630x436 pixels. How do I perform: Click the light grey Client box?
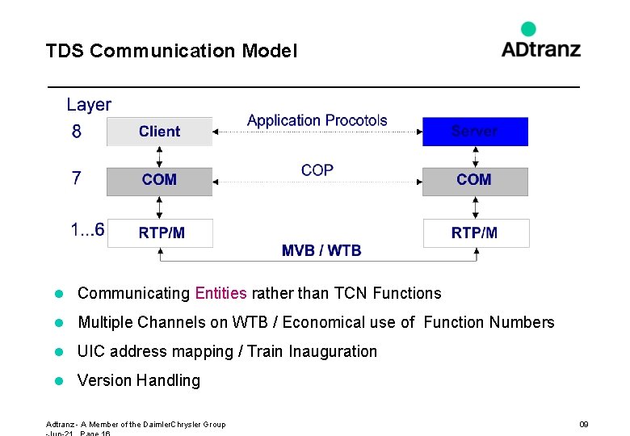pos(159,132)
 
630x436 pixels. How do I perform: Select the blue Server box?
pos(475,132)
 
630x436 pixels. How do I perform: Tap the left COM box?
pos(159,180)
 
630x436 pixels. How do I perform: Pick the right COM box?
pos(475,180)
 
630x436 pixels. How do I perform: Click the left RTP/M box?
pos(160,233)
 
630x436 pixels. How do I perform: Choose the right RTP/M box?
pos(476,233)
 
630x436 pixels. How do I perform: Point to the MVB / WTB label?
pos(321,250)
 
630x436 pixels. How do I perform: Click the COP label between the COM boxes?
pos(317,170)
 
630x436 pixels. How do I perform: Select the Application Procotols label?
pos(317,121)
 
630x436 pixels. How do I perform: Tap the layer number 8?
pos(77,132)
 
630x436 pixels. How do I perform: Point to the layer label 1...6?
pos(87,230)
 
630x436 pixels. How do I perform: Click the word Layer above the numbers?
pos(89,105)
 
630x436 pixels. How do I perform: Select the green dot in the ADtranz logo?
pos(528,29)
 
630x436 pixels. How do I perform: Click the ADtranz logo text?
pos(540,49)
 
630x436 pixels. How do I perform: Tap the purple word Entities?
pos(220,293)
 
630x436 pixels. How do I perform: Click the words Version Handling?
pos(138,380)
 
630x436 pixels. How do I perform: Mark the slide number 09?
pos(583,424)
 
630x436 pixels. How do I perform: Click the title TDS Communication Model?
pos(171,51)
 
